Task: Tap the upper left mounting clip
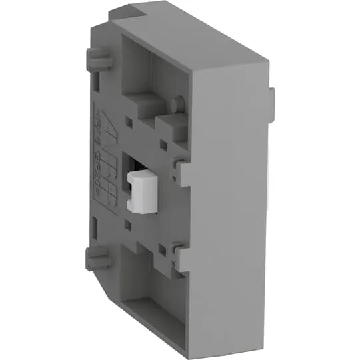point(98,62)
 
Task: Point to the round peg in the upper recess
point(178,104)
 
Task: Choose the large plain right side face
point(230,200)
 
